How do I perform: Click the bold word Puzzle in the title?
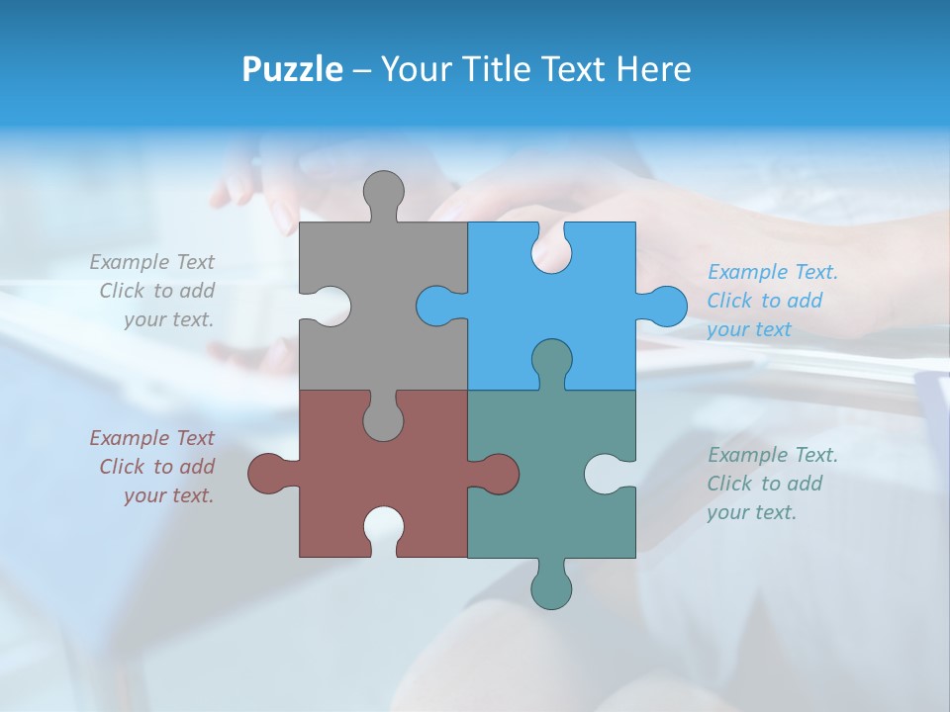click(x=292, y=69)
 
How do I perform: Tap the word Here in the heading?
click(x=653, y=69)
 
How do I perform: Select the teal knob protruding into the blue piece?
click(x=551, y=362)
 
